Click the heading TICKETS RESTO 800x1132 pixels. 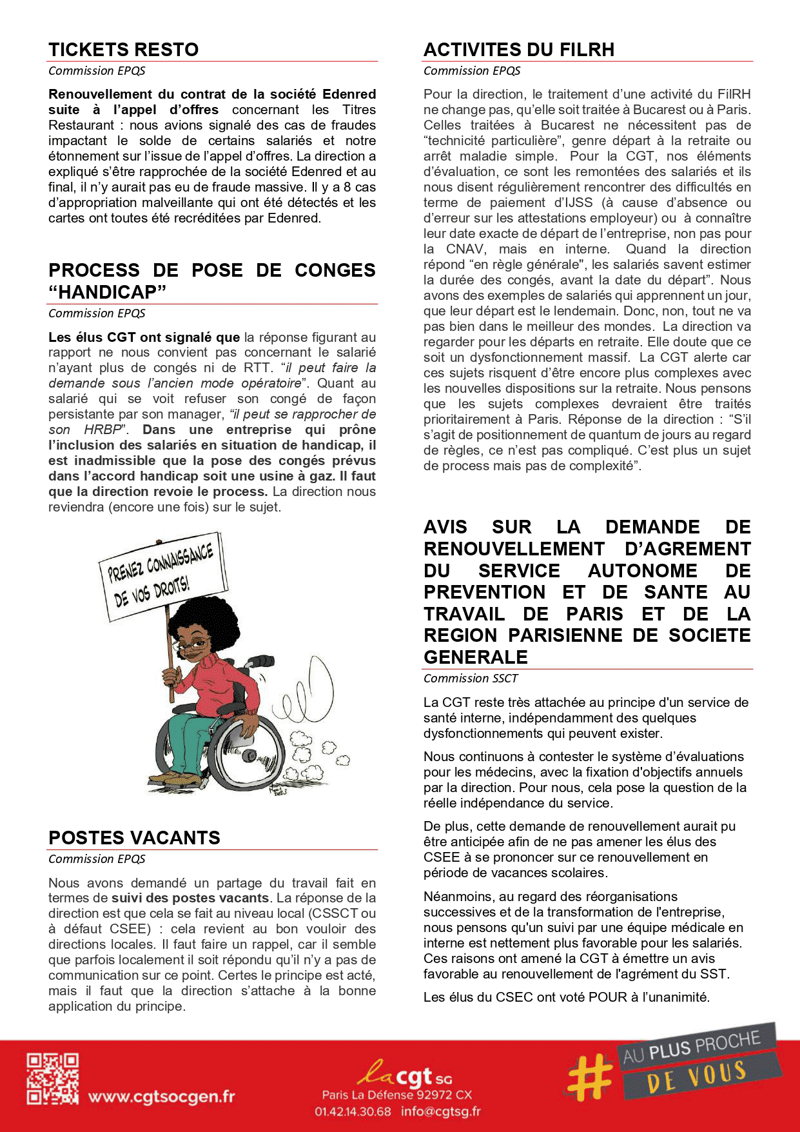tap(123, 50)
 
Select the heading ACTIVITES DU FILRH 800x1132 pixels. tap(518, 50)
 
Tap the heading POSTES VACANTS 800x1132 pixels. tap(134, 838)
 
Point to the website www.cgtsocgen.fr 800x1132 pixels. tap(161, 1097)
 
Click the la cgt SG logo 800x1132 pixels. tap(405, 1074)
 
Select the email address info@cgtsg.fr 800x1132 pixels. tap(440, 1111)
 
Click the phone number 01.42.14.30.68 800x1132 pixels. tap(353, 1111)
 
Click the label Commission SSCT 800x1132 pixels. tap(471, 679)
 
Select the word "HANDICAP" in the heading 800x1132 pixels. tap(107, 292)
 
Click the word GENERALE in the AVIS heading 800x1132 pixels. tap(476, 657)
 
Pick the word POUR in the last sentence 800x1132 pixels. tap(608, 997)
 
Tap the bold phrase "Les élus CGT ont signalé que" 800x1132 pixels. tap(144, 337)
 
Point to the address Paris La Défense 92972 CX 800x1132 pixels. tap(397, 1095)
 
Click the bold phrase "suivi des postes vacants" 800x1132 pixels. tap(190, 898)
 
